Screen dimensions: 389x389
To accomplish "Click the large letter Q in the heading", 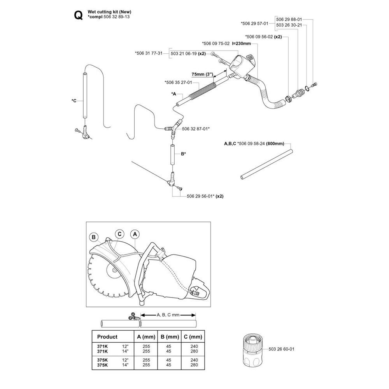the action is [x=79, y=16].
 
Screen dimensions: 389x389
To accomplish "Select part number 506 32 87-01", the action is [x=195, y=129].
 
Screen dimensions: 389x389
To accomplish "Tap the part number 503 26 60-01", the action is [x=281, y=349].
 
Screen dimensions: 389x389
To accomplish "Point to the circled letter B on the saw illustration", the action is [x=94, y=237].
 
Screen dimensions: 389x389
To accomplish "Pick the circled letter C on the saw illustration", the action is [x=119, y=234].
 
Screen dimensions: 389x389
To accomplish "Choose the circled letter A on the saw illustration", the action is [x=135, y=234].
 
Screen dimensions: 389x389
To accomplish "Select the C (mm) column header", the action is [x=193, y=336].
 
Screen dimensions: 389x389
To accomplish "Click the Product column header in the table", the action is [x=107, y=336].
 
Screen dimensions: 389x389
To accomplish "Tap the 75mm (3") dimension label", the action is [x=202, y=74].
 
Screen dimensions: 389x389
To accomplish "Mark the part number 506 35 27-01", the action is [x=178, y=82].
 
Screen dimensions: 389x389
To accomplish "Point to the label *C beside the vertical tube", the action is [x=74, y=101].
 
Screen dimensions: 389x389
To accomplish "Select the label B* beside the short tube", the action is [x=183, y=154].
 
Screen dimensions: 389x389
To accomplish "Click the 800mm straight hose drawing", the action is [x=267, y=164].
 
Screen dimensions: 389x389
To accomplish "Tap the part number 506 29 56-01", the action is [x=200, y=196].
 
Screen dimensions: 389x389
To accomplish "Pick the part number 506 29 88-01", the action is [x=289, y=19].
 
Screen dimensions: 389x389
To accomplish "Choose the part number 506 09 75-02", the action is [x=216, y=44].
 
